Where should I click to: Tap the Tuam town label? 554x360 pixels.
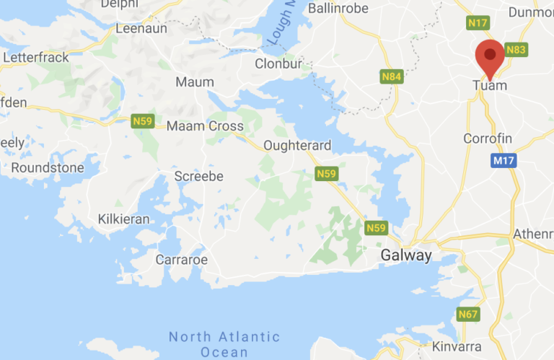[490, 86]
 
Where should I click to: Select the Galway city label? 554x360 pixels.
[406, 256]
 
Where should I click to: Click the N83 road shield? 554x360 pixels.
[516, 50]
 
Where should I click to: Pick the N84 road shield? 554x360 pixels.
[391, 76]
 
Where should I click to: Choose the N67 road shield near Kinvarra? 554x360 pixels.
[468, 315]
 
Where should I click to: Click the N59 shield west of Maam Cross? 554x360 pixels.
[142, 122]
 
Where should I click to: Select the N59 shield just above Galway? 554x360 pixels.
[375, 228]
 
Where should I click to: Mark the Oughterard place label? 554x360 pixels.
[298, 146]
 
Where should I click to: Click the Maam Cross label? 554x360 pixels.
[205, 126]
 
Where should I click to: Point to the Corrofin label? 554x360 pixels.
[488, 139]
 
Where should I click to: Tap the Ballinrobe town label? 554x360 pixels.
[338, 9]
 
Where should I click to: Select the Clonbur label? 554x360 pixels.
[277, 63]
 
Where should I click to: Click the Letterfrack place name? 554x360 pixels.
[36, 56]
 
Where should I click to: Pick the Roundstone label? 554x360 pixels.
[48, 168]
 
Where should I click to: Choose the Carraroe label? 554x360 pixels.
[182, 259]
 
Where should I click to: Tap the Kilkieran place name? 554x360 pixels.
[124, 219]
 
